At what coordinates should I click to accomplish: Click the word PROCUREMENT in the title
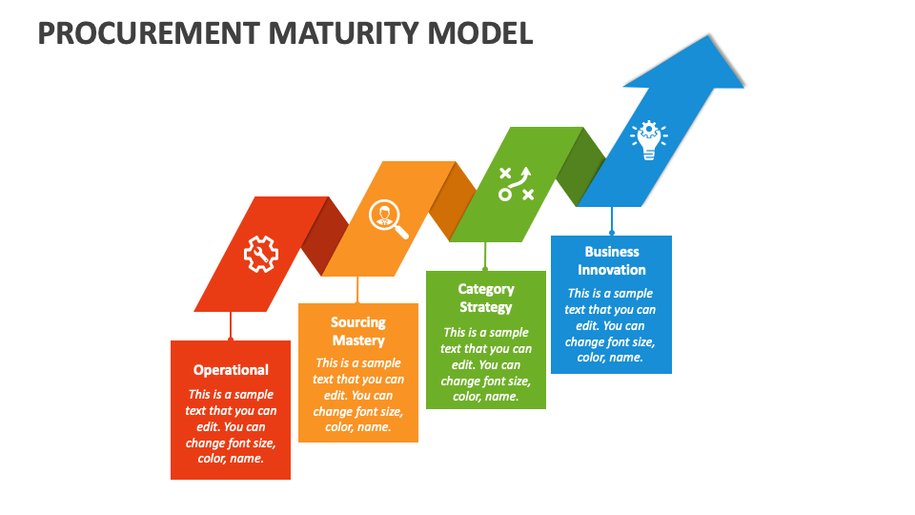point(148,32)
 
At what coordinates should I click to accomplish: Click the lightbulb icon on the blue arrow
point(648,139)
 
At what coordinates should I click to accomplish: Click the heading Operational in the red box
point(231,370)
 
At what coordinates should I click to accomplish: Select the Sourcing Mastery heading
point(358,331)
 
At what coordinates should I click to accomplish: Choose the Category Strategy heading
point(486,298)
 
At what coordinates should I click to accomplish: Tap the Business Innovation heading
point(612,260)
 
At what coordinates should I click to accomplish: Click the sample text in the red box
point(231,426)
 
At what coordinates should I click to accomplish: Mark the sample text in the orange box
point(358,395)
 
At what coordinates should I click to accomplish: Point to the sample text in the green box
point(486,363)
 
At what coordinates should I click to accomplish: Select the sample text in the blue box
point(611,325)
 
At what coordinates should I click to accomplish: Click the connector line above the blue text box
point(612,221)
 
